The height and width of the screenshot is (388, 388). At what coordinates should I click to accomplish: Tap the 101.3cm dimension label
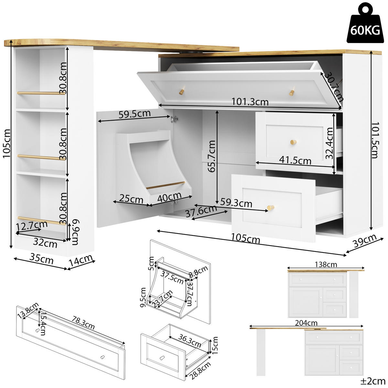click(x=250, y=102)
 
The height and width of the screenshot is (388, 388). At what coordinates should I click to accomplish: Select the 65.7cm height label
click(x=212, y=156)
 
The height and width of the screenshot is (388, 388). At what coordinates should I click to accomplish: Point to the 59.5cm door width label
click(x=134, y=114)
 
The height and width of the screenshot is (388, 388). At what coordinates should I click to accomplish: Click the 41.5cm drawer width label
click(x=295, y=160)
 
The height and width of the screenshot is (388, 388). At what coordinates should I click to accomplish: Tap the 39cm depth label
click(x=364, y=241)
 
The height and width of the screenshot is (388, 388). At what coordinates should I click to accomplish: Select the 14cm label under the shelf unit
click(x=81, y=261)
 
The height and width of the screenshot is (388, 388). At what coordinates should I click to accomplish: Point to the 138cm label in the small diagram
click(x=326, y=264)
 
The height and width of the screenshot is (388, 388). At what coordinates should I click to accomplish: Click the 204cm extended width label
click(x=306, y=323)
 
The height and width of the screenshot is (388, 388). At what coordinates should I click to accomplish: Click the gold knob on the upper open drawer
click(x=293, y=142)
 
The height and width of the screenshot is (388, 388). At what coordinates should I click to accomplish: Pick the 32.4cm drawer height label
click(x=329, y=143)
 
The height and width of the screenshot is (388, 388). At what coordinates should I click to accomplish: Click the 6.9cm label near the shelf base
click(x=75, y=232)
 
